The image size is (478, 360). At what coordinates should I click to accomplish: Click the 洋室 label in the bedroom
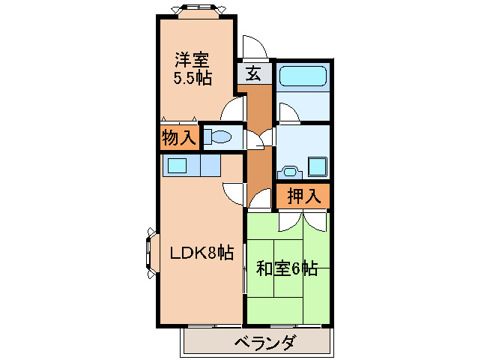click(192, 60)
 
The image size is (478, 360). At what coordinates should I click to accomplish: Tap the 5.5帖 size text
click(193, 78)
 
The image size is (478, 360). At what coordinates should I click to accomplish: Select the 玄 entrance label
click(254, 73)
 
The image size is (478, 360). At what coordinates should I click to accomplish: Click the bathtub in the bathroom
click(303, 76)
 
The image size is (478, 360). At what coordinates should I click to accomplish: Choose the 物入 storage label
click(179, 137)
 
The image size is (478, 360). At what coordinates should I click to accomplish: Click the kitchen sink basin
click(177, 166)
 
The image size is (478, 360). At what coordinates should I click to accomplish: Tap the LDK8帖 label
click(202, 253)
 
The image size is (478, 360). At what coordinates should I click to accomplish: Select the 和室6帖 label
click(287, 268)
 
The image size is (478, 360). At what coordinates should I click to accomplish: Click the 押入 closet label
click(304, 196)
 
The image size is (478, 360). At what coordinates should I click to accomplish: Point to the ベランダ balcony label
click(264, 343)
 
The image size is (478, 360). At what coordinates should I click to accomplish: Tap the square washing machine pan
click(318, 167)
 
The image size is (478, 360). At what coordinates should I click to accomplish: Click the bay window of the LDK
click(152, 253)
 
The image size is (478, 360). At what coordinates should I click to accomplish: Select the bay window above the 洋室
click(197, 10)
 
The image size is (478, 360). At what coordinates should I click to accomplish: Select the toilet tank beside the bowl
click(208, 136)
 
